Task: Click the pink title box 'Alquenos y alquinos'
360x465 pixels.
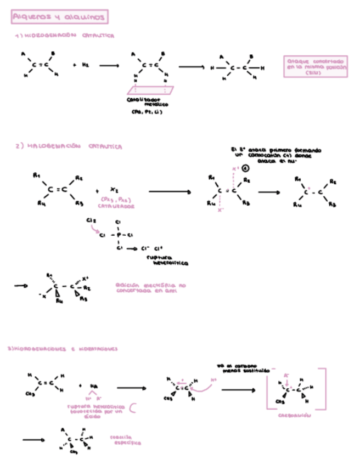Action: click(59, 18)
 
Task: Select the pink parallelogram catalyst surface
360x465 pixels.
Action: click(149, 90)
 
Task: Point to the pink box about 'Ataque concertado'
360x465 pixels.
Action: click(317, 66)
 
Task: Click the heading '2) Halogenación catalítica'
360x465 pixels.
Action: click(69, 146)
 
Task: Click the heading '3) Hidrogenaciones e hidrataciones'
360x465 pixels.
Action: click(66, 348)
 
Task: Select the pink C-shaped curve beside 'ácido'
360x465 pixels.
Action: click(132, 407)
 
